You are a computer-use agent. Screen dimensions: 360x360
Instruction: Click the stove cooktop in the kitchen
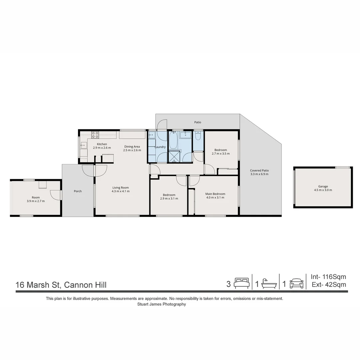95,135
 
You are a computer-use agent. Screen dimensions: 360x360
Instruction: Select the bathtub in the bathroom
173,140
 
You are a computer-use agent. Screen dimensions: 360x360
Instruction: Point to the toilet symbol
198,136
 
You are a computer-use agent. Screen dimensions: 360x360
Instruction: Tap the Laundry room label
160,147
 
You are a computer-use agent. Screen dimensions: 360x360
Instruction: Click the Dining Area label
132,147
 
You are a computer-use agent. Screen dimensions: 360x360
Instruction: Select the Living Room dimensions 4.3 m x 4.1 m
121,191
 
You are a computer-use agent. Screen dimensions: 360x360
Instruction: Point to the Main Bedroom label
215,194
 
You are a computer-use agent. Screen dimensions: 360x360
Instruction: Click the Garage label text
323,187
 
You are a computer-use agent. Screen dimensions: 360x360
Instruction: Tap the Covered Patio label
259,171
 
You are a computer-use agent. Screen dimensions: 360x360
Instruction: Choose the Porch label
78,191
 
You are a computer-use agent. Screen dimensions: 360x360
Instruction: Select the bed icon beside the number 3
241,283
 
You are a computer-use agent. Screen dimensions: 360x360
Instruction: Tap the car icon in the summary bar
296,284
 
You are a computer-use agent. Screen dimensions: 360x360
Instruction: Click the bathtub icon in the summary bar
269,284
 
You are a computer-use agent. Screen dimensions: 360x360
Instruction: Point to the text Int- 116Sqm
328,277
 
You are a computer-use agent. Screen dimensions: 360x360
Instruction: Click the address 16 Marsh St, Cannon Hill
61,285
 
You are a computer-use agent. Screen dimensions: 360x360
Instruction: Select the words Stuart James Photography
161,304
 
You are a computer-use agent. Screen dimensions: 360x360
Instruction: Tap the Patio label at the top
198,122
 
